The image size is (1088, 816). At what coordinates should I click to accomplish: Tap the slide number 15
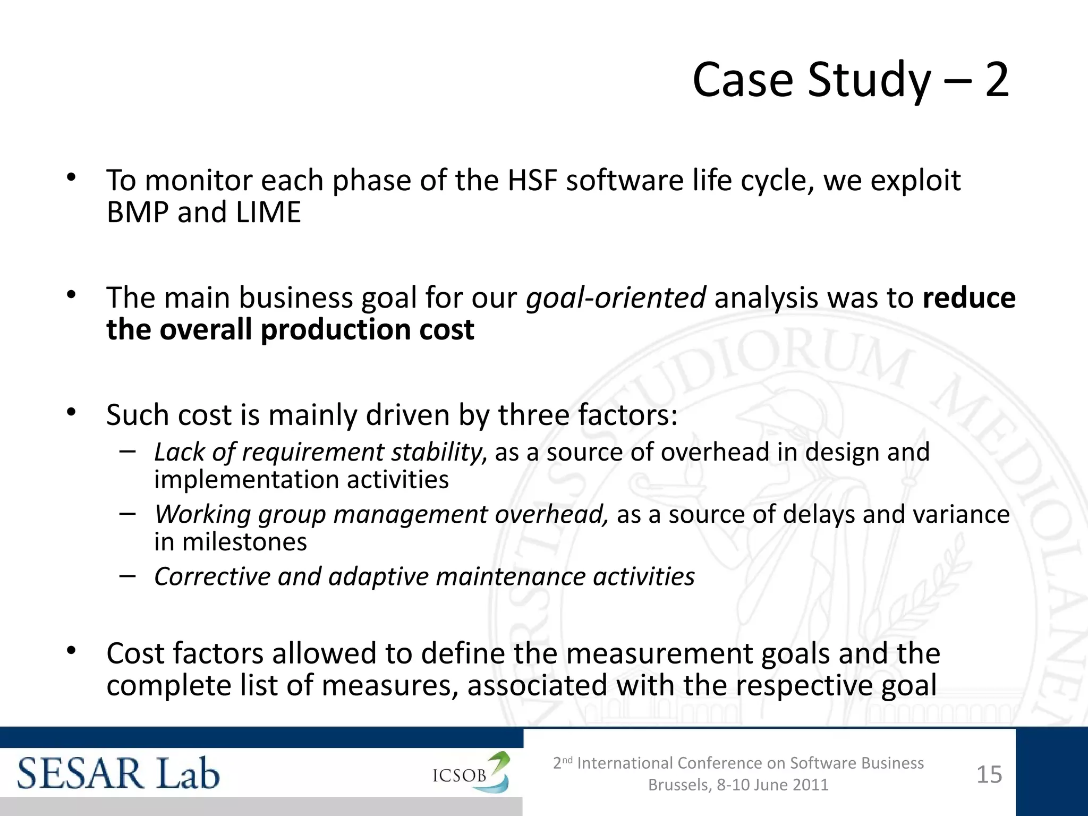pyautogui.click(x=989, y=775)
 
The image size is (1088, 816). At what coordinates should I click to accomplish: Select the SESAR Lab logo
pyautogui.click(x=118, y=773)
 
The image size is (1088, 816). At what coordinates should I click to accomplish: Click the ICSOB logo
pyautogui.click(x=471, y=773)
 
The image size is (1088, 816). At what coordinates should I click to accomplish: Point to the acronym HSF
pyautogui.click(x=532, y=181)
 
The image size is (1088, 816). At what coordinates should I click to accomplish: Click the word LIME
pyautogui.click(x=268, y=212)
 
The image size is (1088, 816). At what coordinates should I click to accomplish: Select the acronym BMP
pyautogui.click(x=138, y=212)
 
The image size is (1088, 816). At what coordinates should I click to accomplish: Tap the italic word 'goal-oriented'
pyautogui.click(x=616, y=297)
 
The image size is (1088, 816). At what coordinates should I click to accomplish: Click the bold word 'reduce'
pyautogui.click(x=969, y=297)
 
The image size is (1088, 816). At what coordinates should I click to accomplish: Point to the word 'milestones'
pyautogui.click(x=244, y=542)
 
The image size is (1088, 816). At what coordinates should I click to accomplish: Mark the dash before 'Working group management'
pyautogui.click(x=127, y=513)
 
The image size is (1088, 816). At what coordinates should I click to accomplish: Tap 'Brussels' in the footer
pyautogui.click(x=679, y=785)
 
